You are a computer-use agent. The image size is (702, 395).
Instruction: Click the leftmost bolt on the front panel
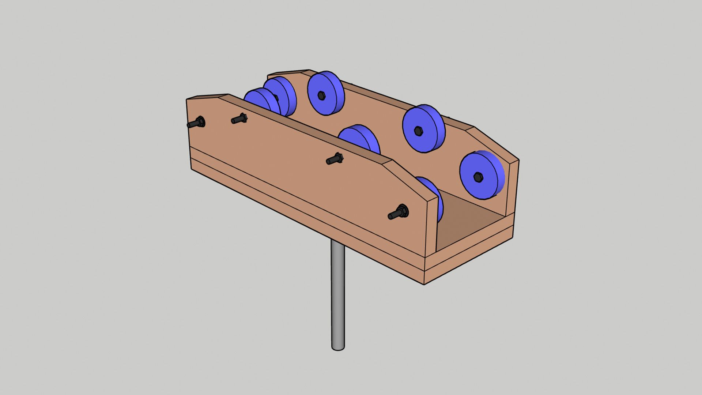tap(197, 123)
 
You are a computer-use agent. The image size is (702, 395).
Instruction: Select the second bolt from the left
tap(240, 118)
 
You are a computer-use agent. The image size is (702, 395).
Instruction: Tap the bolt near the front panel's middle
tap(335, 159)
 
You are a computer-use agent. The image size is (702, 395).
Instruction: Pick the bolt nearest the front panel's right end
tap(399, 213)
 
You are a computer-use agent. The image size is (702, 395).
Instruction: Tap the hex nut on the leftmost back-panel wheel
tap(321, 95)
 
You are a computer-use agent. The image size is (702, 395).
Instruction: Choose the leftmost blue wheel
tap(260, 101)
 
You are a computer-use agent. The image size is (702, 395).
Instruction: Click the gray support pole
tap(338, 293)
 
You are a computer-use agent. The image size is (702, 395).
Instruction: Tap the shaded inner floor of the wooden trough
tap(472, 219)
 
